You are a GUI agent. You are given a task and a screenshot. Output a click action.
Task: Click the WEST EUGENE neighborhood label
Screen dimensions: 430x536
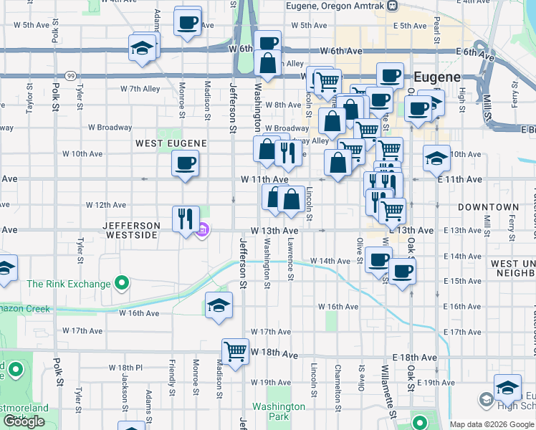pos(171,143)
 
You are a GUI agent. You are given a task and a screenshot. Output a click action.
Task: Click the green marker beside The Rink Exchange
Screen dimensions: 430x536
pos(122,284)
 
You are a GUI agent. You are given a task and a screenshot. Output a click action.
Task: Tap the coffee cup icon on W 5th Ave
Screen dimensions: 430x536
pos(187,22)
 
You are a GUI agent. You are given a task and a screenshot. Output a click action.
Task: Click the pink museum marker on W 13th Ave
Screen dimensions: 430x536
pos(203,230)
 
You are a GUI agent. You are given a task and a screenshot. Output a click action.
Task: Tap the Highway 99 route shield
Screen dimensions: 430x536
pos(70,75)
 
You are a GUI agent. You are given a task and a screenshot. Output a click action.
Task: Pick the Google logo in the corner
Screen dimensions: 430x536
pos(24,421)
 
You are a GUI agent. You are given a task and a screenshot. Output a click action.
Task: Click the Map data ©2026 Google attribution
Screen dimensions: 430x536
pos(492,424)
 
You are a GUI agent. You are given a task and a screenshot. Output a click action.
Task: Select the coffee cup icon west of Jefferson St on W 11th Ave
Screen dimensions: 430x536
pos(185,165)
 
